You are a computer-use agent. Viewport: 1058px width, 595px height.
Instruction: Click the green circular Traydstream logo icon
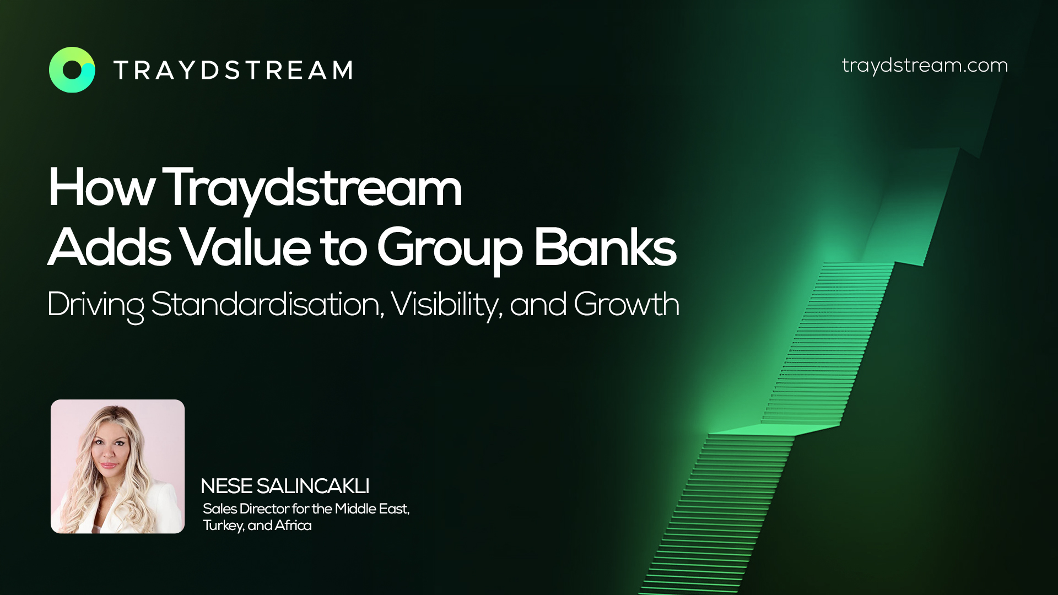pyautogui.click(x=72, y=70)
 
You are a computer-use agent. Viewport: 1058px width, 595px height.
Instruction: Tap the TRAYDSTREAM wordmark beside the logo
pyautogui.click(x=233, y=70)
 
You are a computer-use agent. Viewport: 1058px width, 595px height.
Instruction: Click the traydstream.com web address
pyautogui.click(x=925, y=66)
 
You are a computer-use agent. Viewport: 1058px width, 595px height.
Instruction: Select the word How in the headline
pyautogui.click(x=100, y=188)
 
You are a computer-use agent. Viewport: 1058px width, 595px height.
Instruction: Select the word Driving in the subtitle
pyautogui.click(x=95, y=305)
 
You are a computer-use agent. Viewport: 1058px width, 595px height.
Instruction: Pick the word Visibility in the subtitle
pyautogui.click(x=446, y=305)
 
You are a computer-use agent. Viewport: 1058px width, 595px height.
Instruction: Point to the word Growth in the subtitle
pyautogui.click(x=627, y=304)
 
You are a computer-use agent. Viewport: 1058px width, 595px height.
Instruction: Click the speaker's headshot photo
pyautogui.click(x=118, y=466)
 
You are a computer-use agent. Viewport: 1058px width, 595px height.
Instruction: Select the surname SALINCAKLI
pyautogui.click(x=313, y=486)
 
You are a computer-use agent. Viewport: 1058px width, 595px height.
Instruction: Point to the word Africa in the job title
pyautogui.click(x=293, y=525)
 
